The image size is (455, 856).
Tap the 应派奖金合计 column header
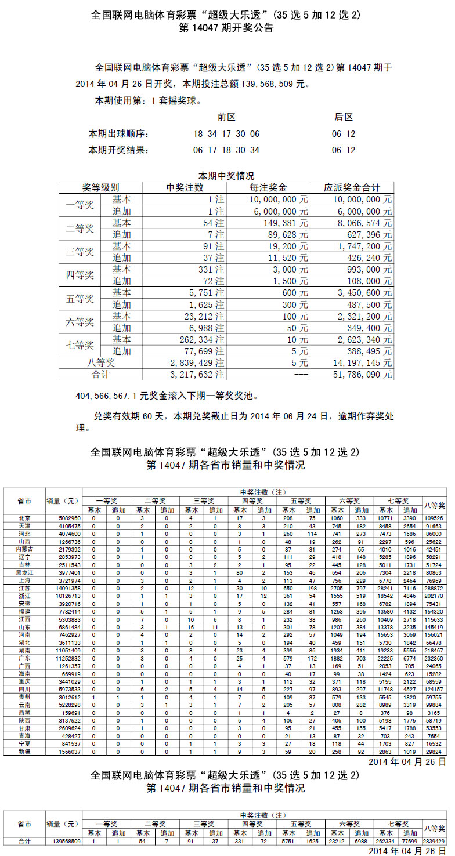(x=352, y=188)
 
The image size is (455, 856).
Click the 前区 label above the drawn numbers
(x=226, y=117)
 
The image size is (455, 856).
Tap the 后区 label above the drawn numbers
(x=344, y=117)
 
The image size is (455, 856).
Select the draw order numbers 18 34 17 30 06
(x=226, y=134)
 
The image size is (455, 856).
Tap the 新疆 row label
(x=24, y=751)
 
